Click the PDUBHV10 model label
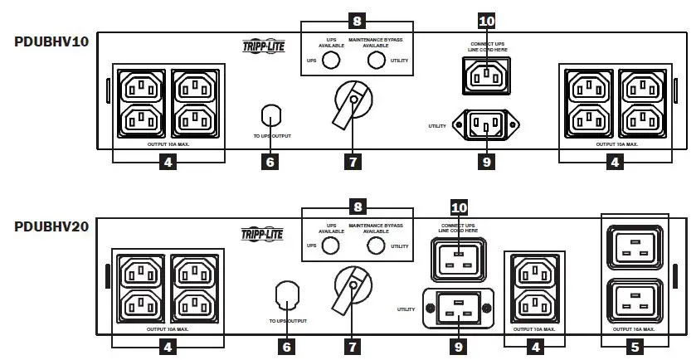coord(51,41)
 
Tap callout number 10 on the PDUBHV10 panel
coord(487,20)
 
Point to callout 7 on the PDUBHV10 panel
coord(353,162)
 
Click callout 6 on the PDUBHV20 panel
coord(287,346)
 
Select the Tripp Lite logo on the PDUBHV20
coord(263,234)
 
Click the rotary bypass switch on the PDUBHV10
coord(353,105)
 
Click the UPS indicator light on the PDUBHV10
coord(332,61)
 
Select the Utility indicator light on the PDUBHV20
coord(378,246)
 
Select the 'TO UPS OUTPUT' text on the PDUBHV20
coord(286,319)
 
